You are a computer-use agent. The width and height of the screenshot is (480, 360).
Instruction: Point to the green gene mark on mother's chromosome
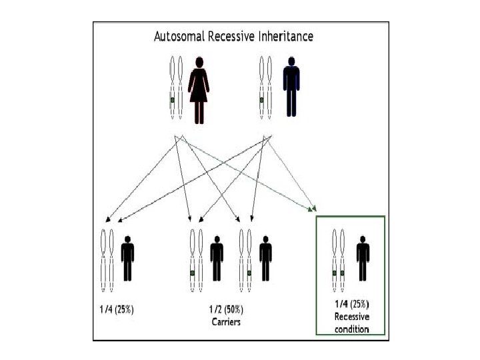click(x=172, y=101)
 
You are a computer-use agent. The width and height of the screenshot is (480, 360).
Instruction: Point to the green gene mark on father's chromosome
click(x=261, y=101)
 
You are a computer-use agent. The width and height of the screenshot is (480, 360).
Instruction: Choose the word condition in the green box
click(x=351, y=327)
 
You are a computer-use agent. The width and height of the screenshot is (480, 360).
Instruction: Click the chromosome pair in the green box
click(x=338, y=260)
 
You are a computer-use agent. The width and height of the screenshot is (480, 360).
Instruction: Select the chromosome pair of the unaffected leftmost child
click(x=107, y=260)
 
